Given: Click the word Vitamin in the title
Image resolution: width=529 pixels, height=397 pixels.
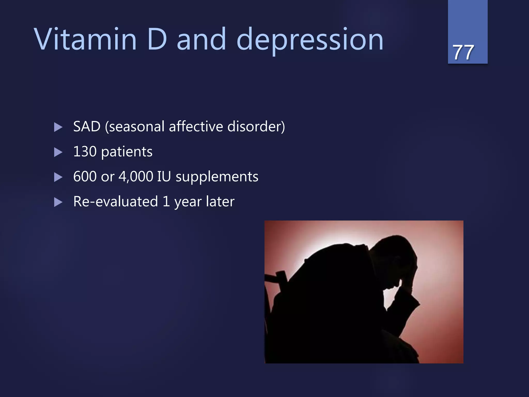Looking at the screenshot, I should point(85,39).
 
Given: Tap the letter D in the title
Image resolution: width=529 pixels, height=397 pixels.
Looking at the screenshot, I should point(157,39).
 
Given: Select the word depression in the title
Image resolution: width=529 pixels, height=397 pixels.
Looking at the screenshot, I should point(310,40).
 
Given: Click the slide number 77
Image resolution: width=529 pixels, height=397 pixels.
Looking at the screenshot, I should point(463,52).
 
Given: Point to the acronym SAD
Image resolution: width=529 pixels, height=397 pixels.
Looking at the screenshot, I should point(87,127).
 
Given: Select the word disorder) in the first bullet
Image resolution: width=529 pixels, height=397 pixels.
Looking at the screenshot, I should point(256,127).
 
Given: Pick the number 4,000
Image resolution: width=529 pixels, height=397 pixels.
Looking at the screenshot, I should point(136,177).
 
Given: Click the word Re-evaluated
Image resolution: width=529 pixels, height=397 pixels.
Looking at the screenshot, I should point(115,202).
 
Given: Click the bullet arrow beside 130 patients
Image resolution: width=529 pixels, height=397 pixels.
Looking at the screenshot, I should point(58,152).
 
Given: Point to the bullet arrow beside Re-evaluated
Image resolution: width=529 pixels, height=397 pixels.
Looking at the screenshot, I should point(58,202).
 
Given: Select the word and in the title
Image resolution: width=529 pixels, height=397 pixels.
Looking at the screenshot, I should point(201,39).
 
